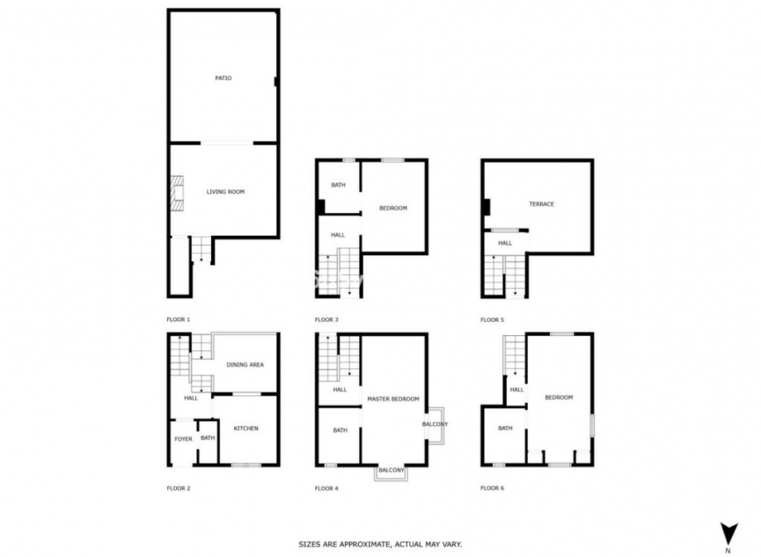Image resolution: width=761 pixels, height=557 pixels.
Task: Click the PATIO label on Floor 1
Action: click(223, 78)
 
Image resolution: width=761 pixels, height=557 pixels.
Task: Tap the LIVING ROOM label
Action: click(225, 191)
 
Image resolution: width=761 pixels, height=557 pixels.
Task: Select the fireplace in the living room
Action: click(178, 193)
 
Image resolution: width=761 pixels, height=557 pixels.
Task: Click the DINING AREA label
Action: click(245, 364)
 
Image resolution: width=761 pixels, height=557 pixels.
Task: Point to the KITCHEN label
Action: click(245, 429)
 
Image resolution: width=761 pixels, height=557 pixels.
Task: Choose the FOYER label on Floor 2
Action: click(183, 438)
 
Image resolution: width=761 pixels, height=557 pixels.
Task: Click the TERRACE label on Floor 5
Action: click(541, 204)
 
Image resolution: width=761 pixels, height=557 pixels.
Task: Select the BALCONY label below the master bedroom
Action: click(391, 472)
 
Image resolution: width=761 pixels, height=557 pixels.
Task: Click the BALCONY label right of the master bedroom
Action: click(435, 425)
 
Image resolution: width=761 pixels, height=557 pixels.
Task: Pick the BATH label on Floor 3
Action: click(338, 185)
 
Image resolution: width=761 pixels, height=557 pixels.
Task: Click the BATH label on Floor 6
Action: click(505, 429)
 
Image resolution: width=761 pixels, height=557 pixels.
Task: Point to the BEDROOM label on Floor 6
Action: click(559, 398)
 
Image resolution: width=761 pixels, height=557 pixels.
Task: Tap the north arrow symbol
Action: click(728, 533)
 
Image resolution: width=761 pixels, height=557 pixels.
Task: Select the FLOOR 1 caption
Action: click(179, 319)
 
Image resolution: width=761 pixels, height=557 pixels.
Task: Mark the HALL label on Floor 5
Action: click(505, 243)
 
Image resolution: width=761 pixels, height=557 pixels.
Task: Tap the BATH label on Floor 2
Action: click(208, 438)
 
